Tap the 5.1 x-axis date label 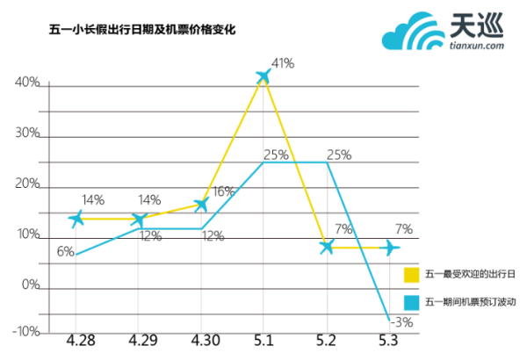pos(263,339)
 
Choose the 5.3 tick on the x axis pos(387,339)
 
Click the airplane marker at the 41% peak pos(263,76)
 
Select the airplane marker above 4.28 pos(77,218)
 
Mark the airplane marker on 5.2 pos(327,247)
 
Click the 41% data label pos(283,63)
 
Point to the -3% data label pos(403,321)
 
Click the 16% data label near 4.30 pos(223,191)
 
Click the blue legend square pos(411,301)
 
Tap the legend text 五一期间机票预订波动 pos(470,301)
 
